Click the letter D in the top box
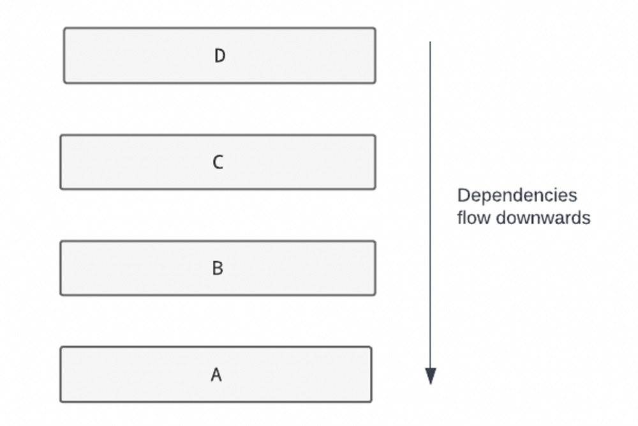(219, 56)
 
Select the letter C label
(218, 162)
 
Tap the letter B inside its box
(218, 268)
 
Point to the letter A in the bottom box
(216, 375)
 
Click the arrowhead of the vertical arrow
(430, 377)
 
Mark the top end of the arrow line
(430, 43)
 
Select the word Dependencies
(517, 195)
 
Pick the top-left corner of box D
(64, 28)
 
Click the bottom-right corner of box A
(371, 402)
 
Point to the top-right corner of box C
(375, 135)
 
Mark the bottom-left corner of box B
(61, 294)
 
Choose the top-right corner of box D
(375, 28)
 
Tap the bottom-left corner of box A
(61, 402)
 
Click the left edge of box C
(61, 162)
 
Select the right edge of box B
(375, 268)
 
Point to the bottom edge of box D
(219, 82)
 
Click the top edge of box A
(216, 347)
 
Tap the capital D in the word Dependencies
(463, 195)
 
